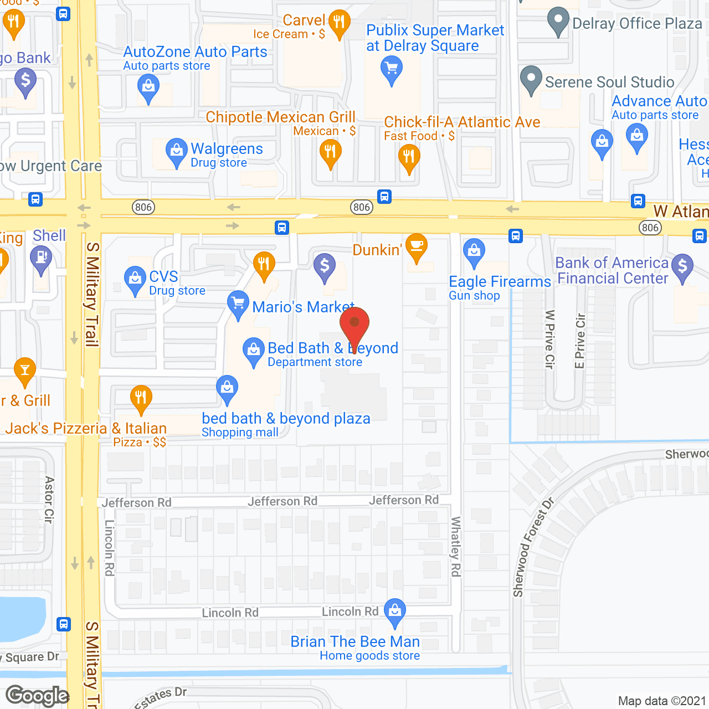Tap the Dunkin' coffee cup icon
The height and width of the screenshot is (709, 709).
[x=416, y=246]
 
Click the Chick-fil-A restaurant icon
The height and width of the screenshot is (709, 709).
[x=409, y=157]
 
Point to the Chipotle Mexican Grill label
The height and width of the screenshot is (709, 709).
[x=280, y=117]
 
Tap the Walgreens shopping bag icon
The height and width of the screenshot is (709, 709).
[x=176, y=151]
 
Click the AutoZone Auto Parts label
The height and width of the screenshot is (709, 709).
[x=195, y=52]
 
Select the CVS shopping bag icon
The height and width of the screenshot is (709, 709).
[x=135, y=279]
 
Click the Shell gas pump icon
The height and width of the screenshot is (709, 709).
[x=41, y=259]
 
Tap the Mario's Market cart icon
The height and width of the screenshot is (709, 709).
[x=238, y=304]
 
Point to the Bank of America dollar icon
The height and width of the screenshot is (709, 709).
[x=682, y=267]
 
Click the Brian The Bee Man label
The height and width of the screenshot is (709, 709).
[x=355, y=641]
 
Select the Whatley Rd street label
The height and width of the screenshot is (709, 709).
[x=456, y=546]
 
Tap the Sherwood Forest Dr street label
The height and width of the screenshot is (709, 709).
[x=533, y=548]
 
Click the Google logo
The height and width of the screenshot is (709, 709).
[x=37, y=696]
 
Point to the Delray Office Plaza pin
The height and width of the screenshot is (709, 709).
[x=558, y=20]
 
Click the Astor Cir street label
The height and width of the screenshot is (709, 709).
[x=49, y=500]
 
